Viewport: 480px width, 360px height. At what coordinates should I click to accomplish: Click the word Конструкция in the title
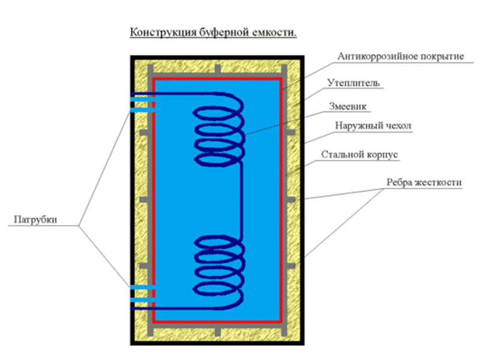163,32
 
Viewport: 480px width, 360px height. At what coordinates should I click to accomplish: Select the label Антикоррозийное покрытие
401,56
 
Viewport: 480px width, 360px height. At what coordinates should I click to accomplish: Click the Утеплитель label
353,83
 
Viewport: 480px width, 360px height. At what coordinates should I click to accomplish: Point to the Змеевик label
348,106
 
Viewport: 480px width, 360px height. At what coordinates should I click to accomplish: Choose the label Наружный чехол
373,125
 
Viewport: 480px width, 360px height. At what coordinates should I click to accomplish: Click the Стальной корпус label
359,154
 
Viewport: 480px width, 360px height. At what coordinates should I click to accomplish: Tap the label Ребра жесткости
424,182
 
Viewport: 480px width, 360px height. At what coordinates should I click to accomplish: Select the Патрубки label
35,220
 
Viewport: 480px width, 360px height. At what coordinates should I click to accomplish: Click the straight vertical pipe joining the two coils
241,200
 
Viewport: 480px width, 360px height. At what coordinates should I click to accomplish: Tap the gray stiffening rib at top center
217,69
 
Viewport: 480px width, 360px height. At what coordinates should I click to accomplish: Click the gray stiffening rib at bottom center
217,332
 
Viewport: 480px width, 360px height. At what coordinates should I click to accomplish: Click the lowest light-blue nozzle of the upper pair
143,110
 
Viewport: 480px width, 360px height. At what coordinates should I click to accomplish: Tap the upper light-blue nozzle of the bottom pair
143,287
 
